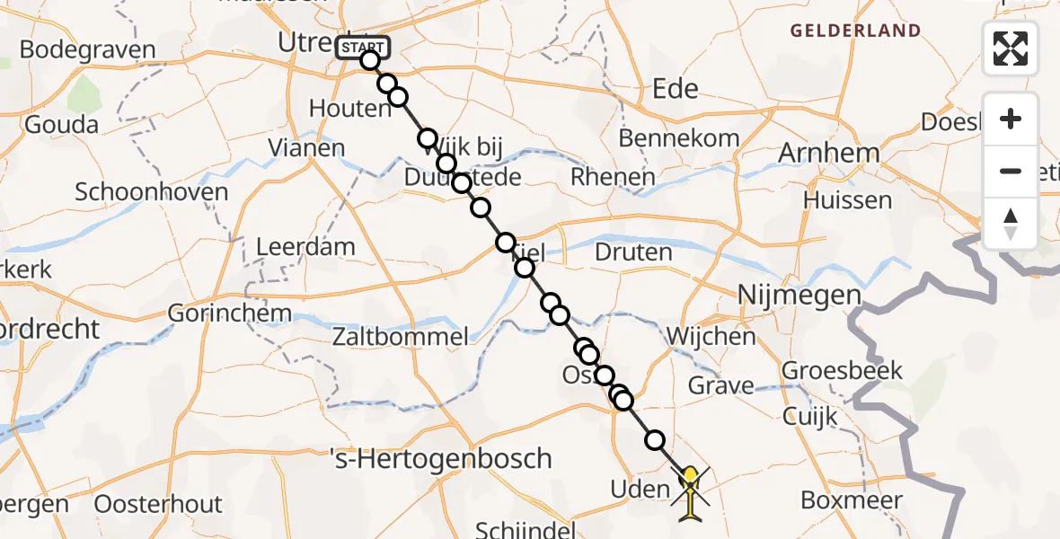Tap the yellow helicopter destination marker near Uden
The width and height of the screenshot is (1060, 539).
(690, 492)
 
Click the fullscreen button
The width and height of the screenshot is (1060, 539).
(1011, 49)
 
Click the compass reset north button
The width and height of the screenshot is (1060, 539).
(1011, 224)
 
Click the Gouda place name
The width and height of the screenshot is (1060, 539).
(61, 124)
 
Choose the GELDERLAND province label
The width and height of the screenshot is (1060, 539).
(855, 31)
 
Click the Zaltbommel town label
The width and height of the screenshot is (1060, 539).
(401, 338)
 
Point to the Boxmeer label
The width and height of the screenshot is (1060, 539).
(851, 500)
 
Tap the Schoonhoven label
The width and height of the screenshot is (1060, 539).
(143, 191)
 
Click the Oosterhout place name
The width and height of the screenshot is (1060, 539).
(157, 504)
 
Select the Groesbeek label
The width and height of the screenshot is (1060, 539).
(842, 370)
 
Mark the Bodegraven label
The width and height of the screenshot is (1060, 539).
(87, 49)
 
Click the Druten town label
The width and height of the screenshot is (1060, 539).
(633, 252)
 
